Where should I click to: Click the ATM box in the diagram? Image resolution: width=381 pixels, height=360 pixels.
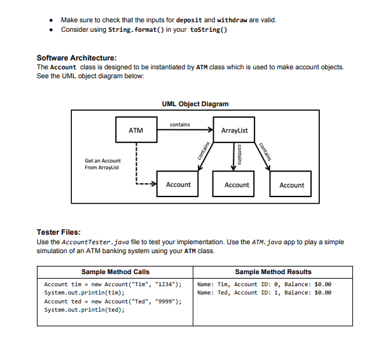pyautogui.click(x=135, y=130)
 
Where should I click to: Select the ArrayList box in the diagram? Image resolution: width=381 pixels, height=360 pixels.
pyautogui.click(x=233, y=130)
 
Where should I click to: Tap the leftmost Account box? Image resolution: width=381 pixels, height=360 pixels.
pyautogui.click(x=177, y=184)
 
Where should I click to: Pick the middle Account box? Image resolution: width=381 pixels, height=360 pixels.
pyautogui.click(x=237, y=184)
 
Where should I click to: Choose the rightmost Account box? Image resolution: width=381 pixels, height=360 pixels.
pyautogui.click(x=291, y=185)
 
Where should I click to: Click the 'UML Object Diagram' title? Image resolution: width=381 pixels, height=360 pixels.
pyautogui.click(x=195, y=104)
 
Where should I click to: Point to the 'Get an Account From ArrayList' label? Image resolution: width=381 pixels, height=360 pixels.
pyautogui.click(x=102, y=164)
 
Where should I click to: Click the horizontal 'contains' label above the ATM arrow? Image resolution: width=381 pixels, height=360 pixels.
pyautogui.click(x=180, y=125)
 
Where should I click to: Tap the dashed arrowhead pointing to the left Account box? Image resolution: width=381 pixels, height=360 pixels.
pyautogui.click(x=153, y=184)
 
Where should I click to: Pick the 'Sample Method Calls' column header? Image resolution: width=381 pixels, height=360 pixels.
pyautogui.click(x=115, y=272)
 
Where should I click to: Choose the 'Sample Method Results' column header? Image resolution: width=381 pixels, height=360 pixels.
pyautogui.click(x=273, y=272)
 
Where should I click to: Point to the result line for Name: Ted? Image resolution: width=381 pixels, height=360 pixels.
pyautogui.click(x=265, y=293)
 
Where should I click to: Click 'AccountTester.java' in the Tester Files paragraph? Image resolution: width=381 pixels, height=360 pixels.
pyautogui.click(x=90, y=242)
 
